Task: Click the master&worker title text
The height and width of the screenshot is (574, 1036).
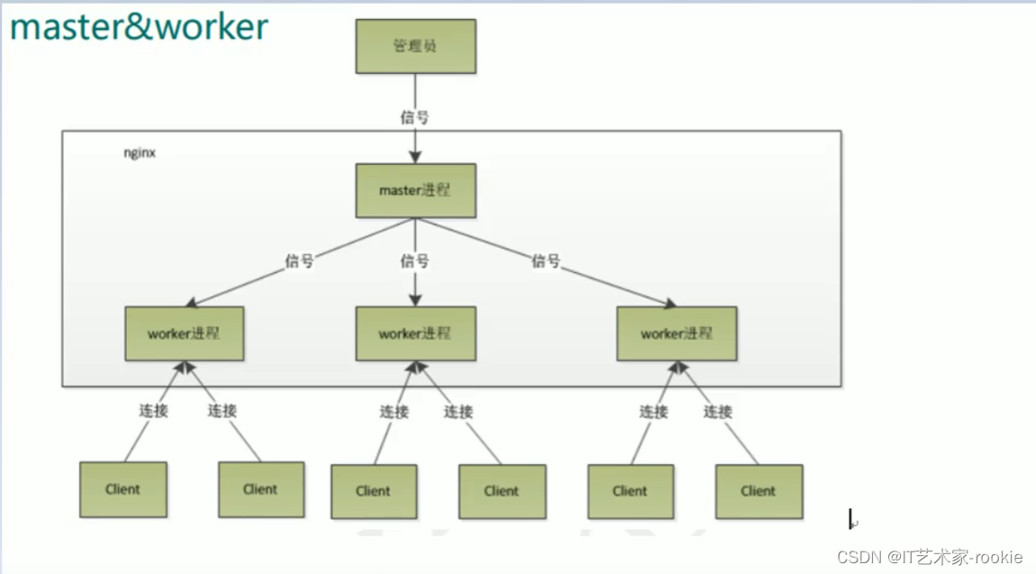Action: tap(140, 27)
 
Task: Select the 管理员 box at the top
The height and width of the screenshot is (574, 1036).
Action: tap(415, 45)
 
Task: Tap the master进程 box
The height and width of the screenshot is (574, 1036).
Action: tap(415, 190)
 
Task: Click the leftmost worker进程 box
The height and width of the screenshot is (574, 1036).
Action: tap(184, 333)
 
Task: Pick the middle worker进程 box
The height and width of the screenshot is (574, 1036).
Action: tap(415, 333)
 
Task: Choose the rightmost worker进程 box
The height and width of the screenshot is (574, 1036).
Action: tap(677, 333)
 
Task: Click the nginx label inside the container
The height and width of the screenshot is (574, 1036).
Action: tap(141, 153)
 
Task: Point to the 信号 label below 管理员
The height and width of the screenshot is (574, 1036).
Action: tap(414, 117)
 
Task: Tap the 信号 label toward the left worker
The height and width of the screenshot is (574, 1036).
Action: tap(299, 261)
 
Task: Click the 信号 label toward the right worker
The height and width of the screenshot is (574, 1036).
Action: tap(546, 261)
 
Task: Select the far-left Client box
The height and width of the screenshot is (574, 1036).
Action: tap(123, 489)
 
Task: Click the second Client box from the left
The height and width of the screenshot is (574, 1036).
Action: tap(260, 489)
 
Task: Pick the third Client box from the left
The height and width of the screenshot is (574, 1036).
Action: tap(373, 491)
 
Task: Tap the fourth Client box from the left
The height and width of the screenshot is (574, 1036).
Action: tap(501, 491)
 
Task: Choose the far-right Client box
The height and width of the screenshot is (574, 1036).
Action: tap(759, 491)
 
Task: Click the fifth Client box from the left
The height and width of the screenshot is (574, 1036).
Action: tap(630, 491)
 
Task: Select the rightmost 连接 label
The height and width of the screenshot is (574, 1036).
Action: tap(718, 412)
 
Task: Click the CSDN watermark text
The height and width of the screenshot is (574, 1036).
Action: tap(930, 557)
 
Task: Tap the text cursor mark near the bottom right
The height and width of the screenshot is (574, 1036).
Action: tap(850, 520)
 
